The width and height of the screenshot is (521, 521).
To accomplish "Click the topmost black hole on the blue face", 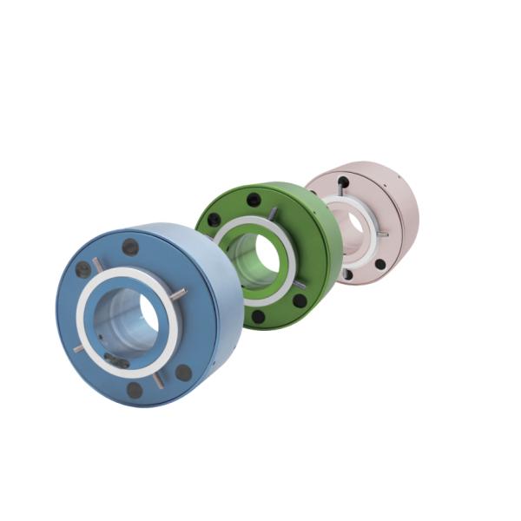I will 130,247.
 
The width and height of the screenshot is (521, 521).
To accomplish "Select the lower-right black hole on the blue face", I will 183,373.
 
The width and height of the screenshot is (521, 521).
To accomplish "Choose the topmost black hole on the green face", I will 254,200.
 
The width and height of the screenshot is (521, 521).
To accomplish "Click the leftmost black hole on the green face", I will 214,220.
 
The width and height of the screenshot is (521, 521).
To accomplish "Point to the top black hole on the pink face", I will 344,181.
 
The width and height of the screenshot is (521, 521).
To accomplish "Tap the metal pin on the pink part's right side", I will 381,234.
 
